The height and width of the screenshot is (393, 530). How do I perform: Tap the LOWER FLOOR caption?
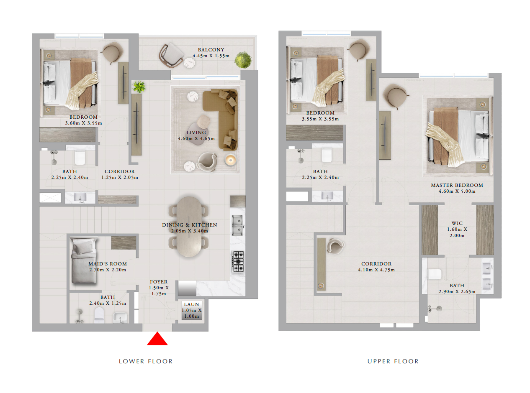[146, 361]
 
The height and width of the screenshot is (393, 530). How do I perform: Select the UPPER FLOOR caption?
[393, 361]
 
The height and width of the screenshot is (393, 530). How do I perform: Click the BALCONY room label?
[211, 50]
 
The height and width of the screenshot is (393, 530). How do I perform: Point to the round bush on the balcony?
[243, 60]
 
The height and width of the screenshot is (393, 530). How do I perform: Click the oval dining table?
[189, 227]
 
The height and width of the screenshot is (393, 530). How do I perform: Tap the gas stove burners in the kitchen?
[238, 261]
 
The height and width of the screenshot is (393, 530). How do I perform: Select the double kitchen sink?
[237, 225]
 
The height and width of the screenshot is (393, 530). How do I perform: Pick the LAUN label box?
[192, 310]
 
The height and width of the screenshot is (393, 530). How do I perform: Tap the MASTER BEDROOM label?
[457, 185]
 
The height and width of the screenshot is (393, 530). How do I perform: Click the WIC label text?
[457, 223]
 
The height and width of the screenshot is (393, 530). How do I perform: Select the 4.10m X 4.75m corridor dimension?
[376, 270]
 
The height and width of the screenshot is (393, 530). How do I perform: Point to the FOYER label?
[159, 282]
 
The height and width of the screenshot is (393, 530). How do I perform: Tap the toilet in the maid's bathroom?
[99, 315]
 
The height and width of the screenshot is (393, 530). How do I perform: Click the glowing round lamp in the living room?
[231, 160]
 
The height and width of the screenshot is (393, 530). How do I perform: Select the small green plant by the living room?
[139, 87]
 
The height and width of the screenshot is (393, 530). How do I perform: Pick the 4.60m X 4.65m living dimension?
[196, 138]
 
